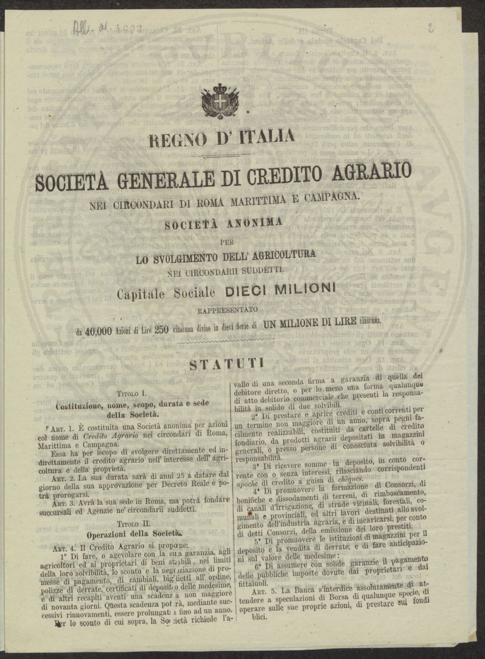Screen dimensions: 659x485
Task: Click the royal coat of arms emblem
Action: [220, 101]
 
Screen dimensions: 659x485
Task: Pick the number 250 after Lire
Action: [161, 329]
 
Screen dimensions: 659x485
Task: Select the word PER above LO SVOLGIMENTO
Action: [219, 243]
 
